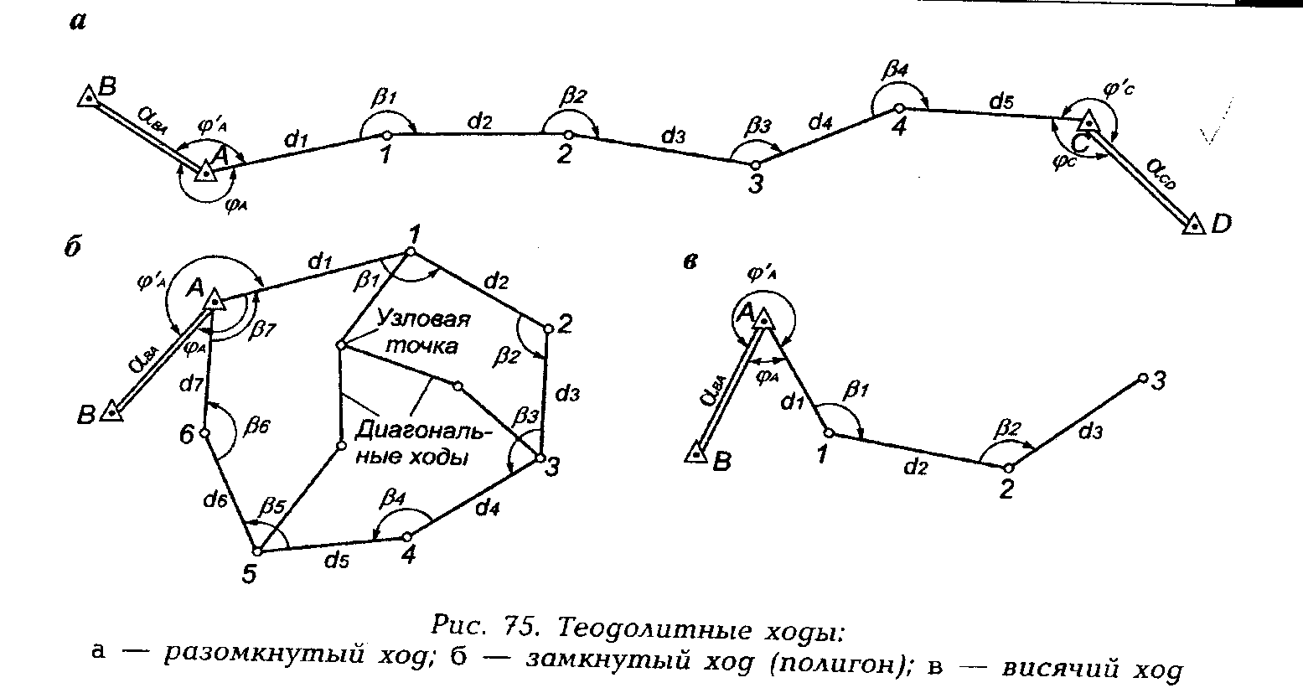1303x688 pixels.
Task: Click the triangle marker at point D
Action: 1193,225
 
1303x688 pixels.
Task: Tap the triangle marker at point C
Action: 1087,122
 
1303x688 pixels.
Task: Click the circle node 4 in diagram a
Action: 897,108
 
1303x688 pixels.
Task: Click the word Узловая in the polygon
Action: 423,321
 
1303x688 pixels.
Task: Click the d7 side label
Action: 193,385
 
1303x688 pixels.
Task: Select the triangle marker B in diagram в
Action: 695,453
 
